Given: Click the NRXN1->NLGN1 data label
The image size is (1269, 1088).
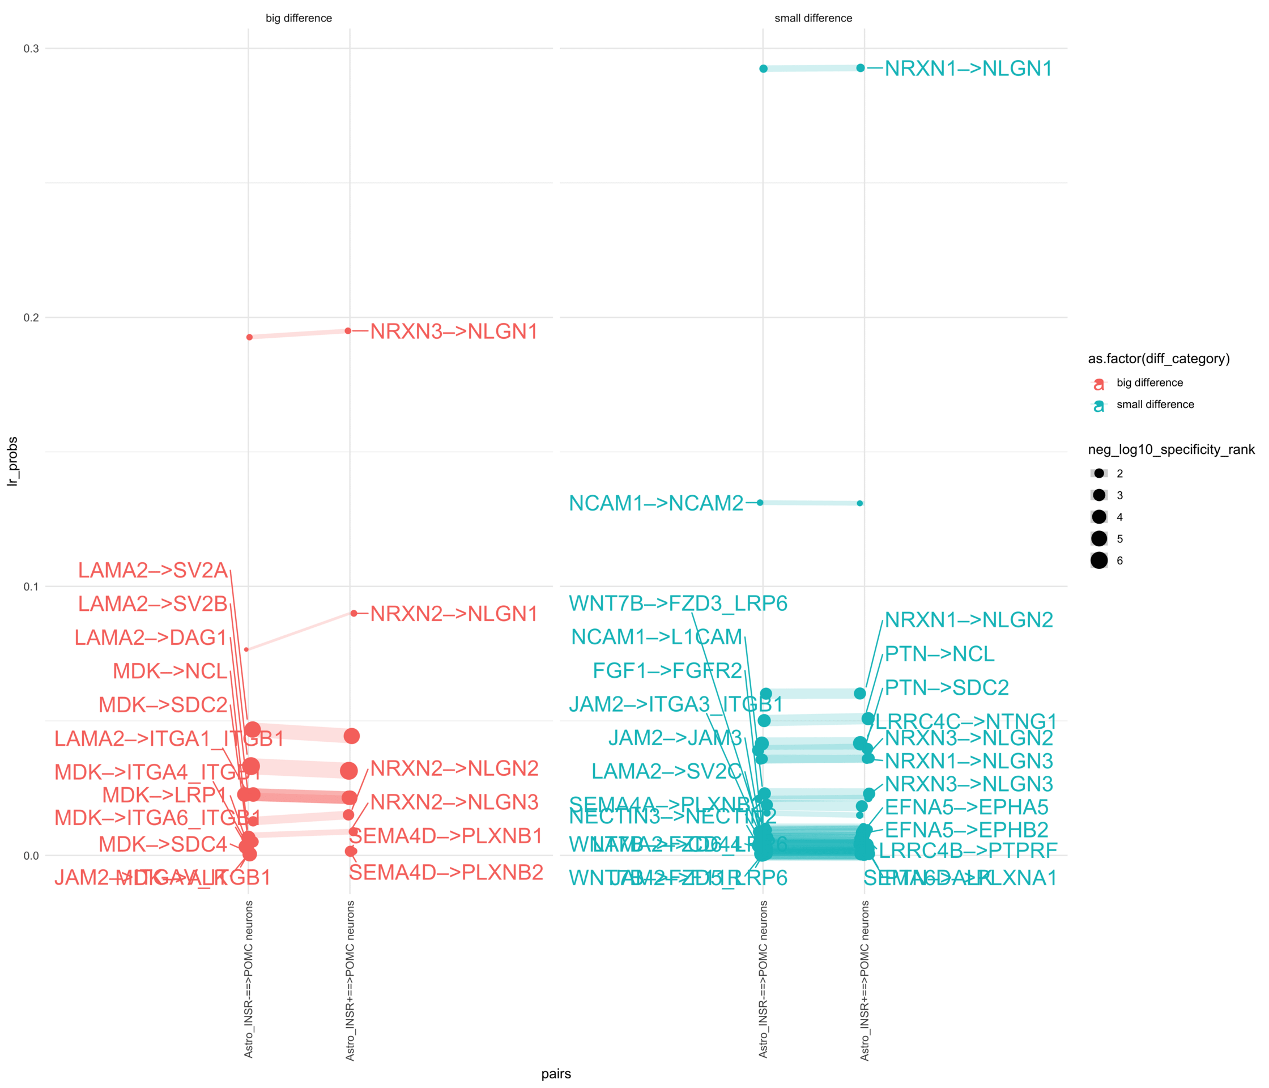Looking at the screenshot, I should pos(968,69).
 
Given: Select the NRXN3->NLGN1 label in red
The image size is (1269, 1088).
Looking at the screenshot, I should pos(454,331).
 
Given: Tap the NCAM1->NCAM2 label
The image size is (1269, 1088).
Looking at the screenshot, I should pos(656,503).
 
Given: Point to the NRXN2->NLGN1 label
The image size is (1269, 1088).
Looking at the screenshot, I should pos(454,614).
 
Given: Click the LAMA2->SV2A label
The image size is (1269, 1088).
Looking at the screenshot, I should pos(152,570).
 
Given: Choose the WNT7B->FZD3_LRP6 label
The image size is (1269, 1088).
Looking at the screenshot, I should pos(678,603).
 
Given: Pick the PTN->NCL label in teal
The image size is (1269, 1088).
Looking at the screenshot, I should pos(939,654).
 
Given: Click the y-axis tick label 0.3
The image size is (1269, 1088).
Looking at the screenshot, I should pos(31,48).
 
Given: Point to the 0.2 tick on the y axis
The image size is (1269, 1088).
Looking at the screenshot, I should pos(31,317).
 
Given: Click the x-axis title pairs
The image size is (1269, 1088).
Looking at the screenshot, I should pos(556,1074).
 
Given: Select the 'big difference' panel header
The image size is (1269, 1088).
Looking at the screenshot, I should pos(299,18).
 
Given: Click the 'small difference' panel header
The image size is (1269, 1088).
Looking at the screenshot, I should pos(814,18).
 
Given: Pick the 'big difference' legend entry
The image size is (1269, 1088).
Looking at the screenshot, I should pos(1149,383).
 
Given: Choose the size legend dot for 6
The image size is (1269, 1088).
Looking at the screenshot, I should pos(1100,560).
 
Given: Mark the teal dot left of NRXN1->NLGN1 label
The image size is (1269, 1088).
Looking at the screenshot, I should pos(861,68).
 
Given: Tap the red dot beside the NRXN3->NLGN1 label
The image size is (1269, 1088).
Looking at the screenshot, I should pos(348,331).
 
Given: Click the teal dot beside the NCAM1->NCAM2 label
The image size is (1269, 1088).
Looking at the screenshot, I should pos(760,502).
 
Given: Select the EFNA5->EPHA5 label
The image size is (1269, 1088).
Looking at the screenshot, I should pos(966,807).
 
